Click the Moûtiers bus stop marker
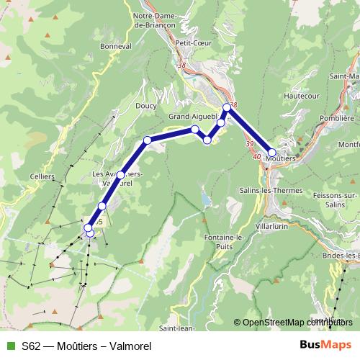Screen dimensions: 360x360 pyautogui.click(x=272, y=152)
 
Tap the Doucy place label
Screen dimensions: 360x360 pyautogui.click(x=145, y=105)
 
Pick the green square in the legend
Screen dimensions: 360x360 pyautogui.click(x=9, y=345)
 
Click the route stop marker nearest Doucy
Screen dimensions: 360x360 pyautogui.click(x=147, y=140)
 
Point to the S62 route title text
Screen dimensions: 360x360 pyautogui.click(x=86, y=346)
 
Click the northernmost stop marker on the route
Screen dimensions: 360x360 pyautogui.click(x=227, y=108)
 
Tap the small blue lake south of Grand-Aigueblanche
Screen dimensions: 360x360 pyautogui.click(x=207, y=198)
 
